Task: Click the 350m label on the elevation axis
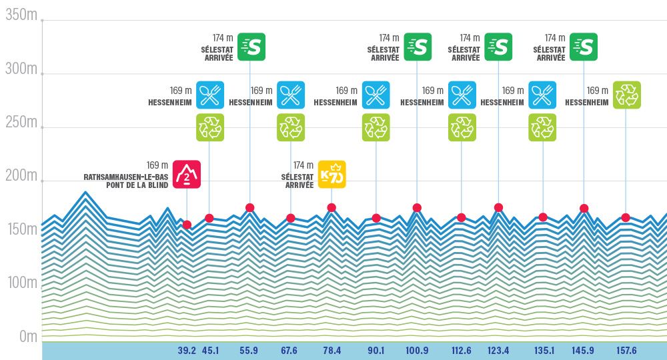tap(21, 16)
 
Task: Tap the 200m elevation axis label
tap(21, 176)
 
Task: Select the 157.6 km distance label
tap(625, 351)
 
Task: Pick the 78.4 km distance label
tap(331, 351)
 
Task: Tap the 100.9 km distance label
tap(417, 351)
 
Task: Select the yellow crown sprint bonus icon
tap(331, 175)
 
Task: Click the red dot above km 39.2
tap(187, 225)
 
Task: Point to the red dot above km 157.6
tap(626, 217)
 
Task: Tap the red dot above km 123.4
tap(498, 207)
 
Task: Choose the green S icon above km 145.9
tap(584, 47)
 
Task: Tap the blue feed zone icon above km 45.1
tap(210, 95)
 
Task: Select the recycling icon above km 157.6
tap(626, 95)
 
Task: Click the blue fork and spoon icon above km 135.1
tap(542, 95)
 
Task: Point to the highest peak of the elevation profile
tap(85, 193)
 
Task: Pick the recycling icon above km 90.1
tap(376, 127)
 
